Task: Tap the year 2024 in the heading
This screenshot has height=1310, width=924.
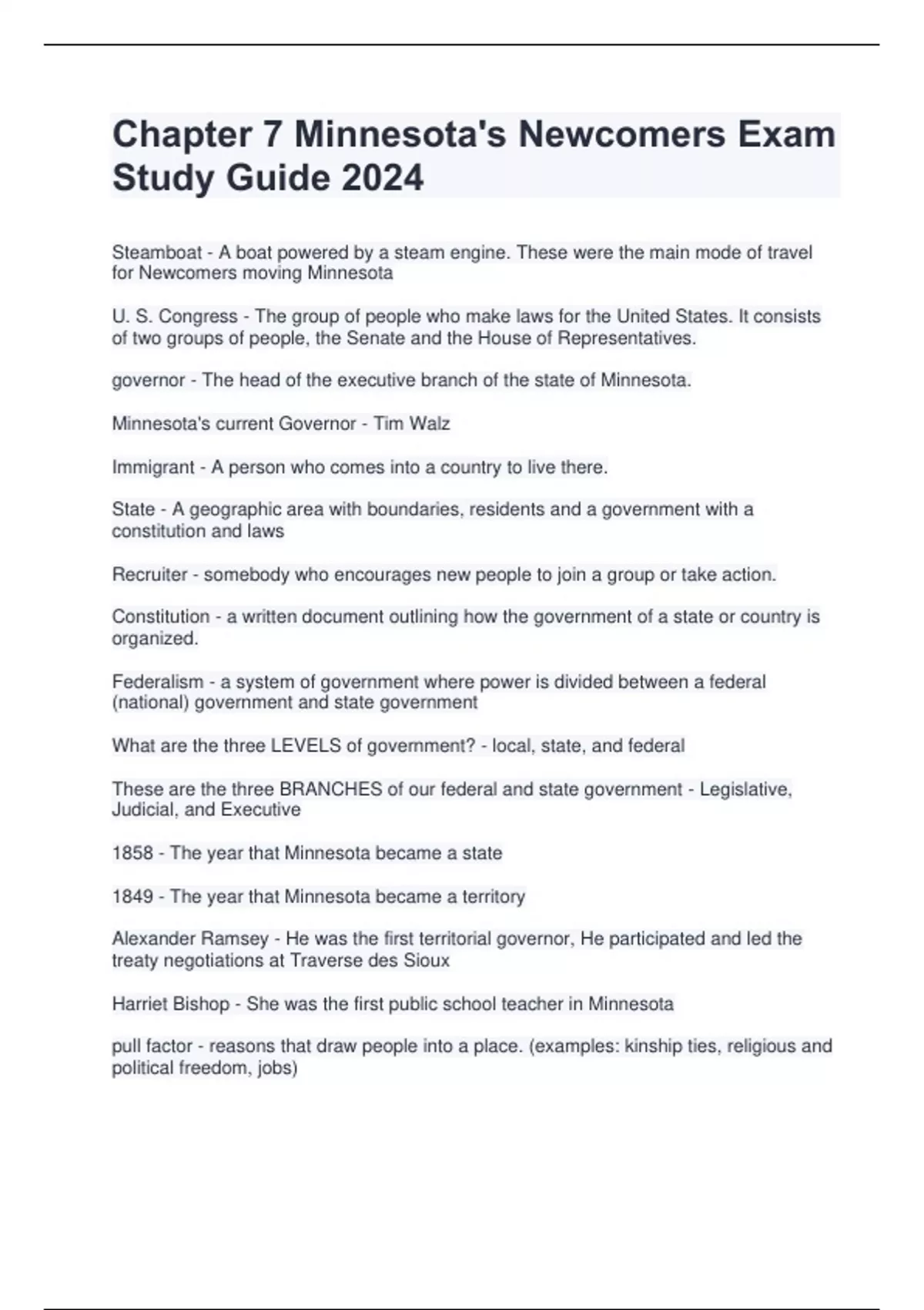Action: pos(382,178)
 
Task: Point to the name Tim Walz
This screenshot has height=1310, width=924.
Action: pos(412,424)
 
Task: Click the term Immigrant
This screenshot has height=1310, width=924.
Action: pos(153,468)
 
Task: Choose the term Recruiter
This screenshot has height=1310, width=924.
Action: pos(150,575)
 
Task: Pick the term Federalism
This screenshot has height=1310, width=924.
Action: pos(158,682)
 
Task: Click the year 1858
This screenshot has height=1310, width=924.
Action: pos(132,854)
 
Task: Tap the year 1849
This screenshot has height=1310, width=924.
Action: pos(132,897)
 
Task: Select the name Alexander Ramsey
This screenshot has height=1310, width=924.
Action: pos(190,939)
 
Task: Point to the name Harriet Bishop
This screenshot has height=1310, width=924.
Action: pos(171,1004)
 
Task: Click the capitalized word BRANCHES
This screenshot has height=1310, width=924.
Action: pos(330,790)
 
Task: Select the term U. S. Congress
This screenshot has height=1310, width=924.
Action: pos(175,317)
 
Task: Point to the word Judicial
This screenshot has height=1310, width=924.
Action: pos(143,810)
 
